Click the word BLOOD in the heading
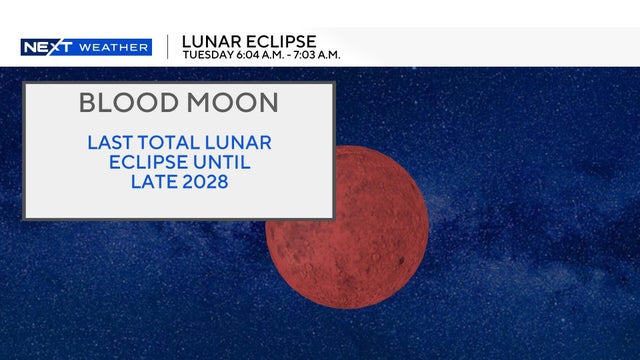[x=123, y=102]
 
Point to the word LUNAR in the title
[x=216, y=41]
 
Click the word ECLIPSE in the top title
[x=284, y=41]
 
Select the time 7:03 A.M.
[x=318, y=54]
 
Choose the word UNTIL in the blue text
[x=226, y=161]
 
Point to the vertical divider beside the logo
[x=167, y=46]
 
